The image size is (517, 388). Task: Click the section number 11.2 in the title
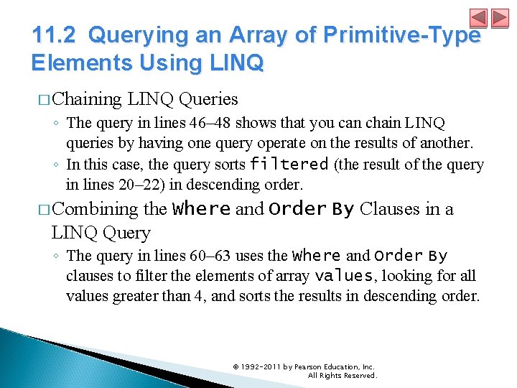point(57,34)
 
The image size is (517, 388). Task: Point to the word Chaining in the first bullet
point(87,98)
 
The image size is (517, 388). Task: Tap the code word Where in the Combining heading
point(202,209)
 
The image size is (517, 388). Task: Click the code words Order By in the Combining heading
point(311,209)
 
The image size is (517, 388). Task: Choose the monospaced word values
point(345,276)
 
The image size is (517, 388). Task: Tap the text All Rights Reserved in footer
point(342,376)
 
